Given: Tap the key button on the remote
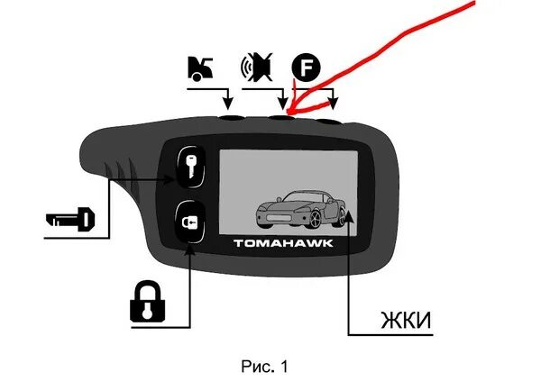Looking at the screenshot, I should point(192,166).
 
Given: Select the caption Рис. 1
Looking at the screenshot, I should point(264,367).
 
